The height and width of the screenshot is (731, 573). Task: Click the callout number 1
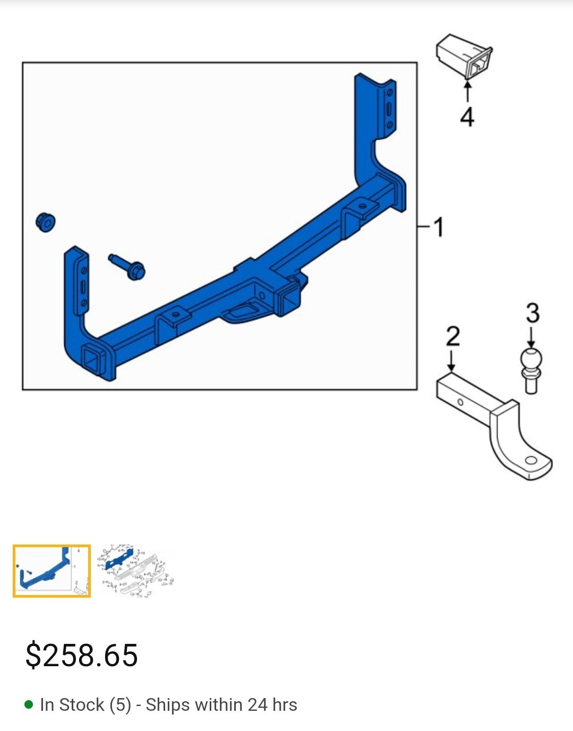tap(438, 227)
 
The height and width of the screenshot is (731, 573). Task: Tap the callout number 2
tap(452, 336)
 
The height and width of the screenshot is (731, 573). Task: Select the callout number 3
tap(532, 313)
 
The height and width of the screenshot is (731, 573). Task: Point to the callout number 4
tap(467, 116)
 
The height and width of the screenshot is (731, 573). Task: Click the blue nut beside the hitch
tap(46, 222)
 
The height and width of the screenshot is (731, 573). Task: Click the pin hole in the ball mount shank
tap(460, 403)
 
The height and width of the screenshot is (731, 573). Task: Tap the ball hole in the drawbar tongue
tap(531, 460)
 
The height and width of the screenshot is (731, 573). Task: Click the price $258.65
tap(82, 655)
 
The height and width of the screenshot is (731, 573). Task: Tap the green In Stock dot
tap(29, 705)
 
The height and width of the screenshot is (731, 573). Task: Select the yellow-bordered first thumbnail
tap(52, 571)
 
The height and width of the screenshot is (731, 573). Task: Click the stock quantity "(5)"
tap(120, 705)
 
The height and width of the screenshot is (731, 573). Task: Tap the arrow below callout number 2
tap(451, 361)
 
